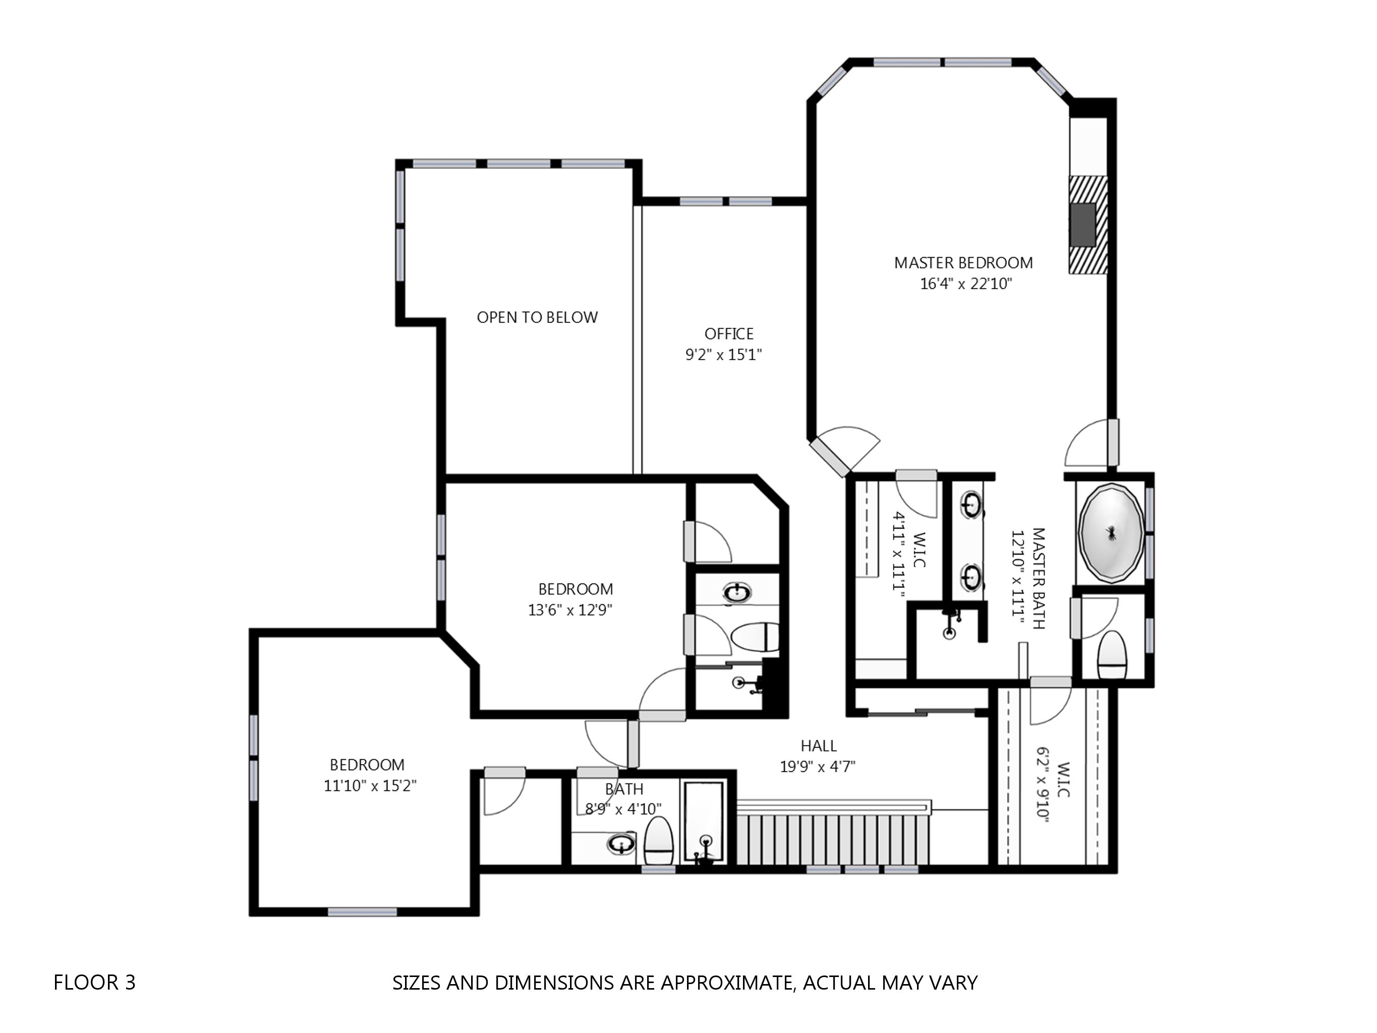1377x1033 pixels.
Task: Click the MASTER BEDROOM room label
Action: point(963,263)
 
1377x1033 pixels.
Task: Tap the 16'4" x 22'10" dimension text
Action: point(965,284)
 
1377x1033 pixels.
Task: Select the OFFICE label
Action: point(728,334)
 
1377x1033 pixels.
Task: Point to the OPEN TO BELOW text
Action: point(537,318)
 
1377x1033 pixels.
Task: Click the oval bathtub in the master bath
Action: point(1111,533)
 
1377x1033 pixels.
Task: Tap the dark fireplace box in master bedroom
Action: point(1082,224)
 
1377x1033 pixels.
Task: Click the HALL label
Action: point(818,745)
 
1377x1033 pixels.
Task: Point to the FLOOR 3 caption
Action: point(95,982)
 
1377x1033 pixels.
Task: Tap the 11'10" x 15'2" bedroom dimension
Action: point(370,785)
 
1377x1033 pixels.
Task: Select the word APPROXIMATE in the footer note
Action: point(726,982)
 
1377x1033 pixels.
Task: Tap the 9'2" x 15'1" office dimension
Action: point(723,355)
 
